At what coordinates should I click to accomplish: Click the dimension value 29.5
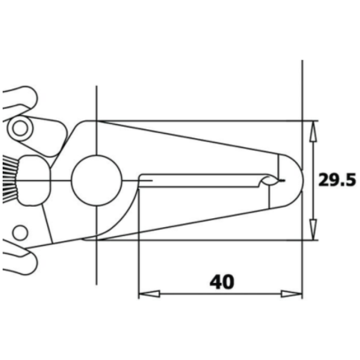click(337, 180)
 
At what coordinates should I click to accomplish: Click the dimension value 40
click(222, 282)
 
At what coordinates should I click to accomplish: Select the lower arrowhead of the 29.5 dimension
click(313, 229)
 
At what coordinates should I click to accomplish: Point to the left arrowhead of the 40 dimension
click(149, 294)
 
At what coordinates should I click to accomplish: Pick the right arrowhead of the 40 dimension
click(291, 294)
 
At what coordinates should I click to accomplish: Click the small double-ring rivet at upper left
click(20, 129)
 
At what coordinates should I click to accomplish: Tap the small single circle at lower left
click(20, 232)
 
